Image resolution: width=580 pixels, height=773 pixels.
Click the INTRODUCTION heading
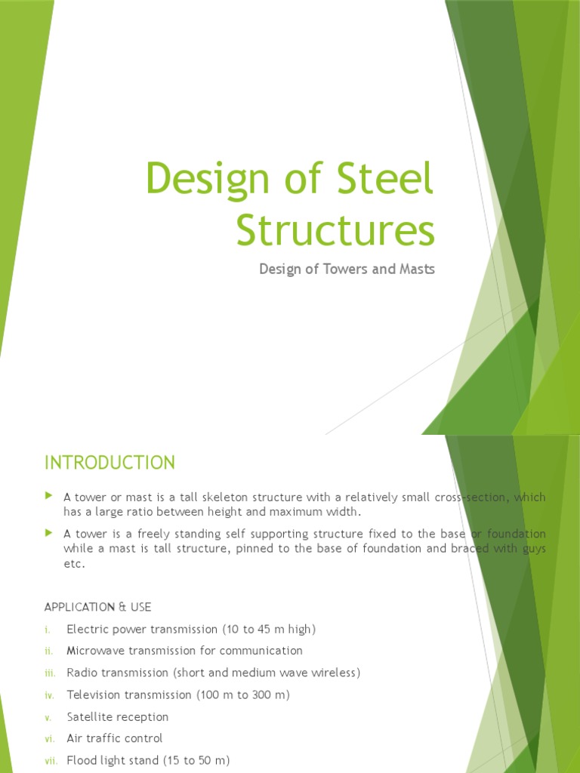pyautogui.click(x=110, y=462)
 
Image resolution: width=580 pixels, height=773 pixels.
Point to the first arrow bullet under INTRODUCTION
pyautogui.click(x=49, y=496)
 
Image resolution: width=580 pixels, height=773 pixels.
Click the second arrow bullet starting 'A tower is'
pyautogui.click(x=49, y=533)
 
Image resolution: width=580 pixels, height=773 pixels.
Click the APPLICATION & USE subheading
pyautogui.click(x=98, y=607)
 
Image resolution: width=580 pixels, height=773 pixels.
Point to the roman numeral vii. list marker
pyautogui.click(x=51, y=760)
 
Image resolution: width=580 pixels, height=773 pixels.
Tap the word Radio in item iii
pyautogui.click(x=82, y=673)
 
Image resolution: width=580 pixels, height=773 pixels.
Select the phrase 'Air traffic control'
pyautogui.click(x=114, y=738)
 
